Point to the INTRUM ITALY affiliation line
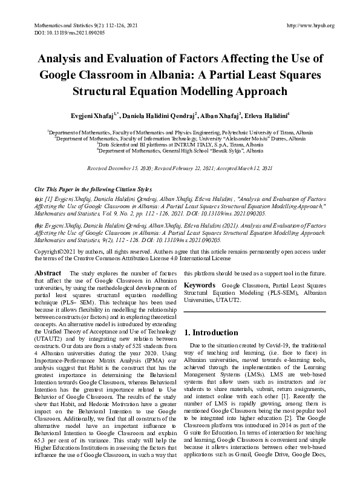pyautogui.click(x=180, y=145)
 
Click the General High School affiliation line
pyautogui.click(x=180, y=152)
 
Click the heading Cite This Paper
pyautogui.click(x=58, y=190)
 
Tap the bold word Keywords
pyautogui.click(x=200, y=284)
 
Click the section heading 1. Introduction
pyautogui.click(x=211, y=332)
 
